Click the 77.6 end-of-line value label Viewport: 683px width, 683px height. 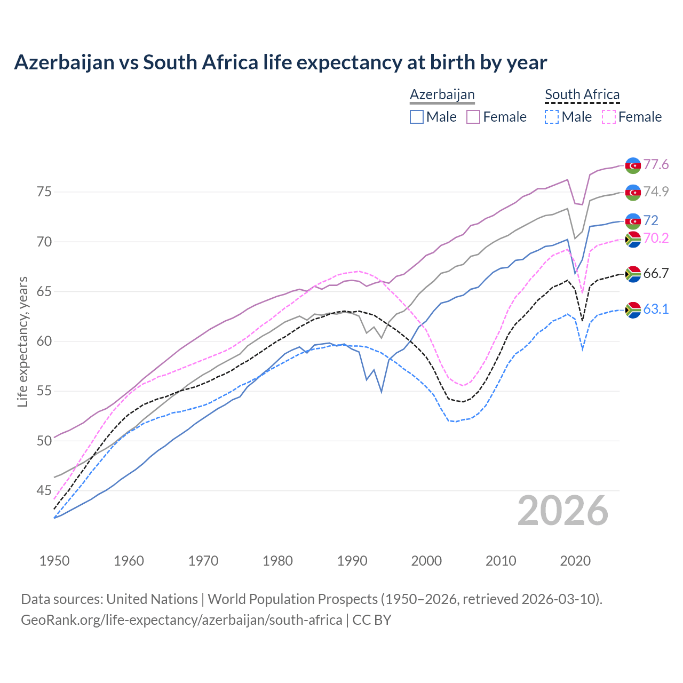(656, 164)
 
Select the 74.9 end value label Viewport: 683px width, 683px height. (656, 192)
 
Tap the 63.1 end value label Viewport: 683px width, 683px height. (656, 309)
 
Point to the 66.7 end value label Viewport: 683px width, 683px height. (656, 274)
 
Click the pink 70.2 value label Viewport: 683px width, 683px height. (656, 238)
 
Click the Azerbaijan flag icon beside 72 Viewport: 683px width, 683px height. (633, 221)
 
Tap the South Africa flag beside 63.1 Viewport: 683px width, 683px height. (633, 309)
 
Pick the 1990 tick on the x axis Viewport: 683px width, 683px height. (352, 561)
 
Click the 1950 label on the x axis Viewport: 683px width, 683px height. (54, 561)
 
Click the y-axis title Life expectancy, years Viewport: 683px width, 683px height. (22, 341)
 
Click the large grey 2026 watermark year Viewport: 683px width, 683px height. (563, 511)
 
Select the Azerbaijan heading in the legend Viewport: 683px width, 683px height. (442, 94)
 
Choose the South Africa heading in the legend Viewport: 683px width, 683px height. (582, 94)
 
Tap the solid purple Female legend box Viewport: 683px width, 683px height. (473, 117)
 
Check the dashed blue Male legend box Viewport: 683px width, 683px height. (552, 117)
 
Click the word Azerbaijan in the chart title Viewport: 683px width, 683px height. (64, 62)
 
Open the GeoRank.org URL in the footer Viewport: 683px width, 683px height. (181, 620)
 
